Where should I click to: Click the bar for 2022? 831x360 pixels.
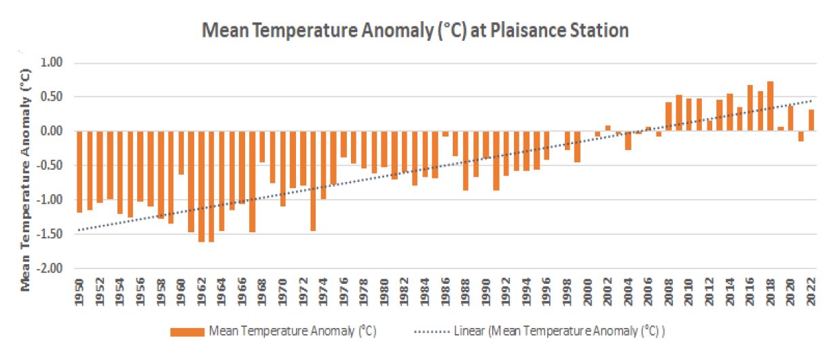(x=811, y=120)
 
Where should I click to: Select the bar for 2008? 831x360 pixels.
(x=668, y=117)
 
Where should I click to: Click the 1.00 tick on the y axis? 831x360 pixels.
(x=51, y=63)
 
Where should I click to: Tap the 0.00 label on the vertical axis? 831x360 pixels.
(x=51, y=132)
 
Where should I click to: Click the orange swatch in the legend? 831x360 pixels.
(x=187, y=331)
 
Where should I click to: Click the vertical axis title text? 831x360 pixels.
(x=27, y=179)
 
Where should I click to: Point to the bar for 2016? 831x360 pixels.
(x=750, y=108)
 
